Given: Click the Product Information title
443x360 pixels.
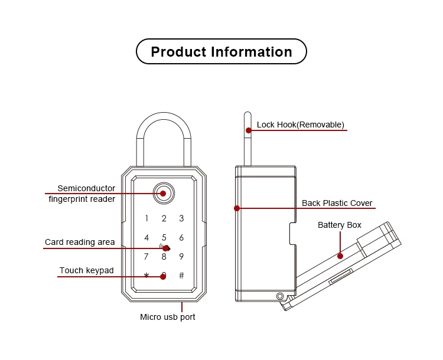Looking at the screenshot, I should tap(221, 52).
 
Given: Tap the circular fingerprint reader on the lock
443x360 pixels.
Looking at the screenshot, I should tap(164, 193).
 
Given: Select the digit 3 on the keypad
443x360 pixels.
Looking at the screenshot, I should tap(181, 218).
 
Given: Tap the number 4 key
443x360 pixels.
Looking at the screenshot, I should tap(146, 238).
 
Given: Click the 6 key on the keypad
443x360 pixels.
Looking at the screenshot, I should tap(181, 238).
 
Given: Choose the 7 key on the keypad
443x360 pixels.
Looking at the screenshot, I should tap(146, 257).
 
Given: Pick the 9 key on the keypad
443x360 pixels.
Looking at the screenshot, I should tap(181, 257).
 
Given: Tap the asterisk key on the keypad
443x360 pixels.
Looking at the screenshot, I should tap(146, 276).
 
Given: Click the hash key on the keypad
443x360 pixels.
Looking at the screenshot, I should tap(181, 276).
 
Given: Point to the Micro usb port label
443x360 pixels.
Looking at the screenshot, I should tap(167, 317).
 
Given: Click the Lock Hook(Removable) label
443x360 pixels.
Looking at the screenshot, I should tap(300, 125).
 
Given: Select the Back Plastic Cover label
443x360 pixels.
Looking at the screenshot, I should tap(337, 203).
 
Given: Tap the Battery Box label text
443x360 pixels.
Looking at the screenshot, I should tap(339, 225).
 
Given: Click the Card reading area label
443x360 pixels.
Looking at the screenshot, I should tap(80, 242).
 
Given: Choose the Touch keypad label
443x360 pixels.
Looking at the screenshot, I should tap(86, 271).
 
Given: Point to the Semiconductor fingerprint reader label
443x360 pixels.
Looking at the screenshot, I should tap(86, 194).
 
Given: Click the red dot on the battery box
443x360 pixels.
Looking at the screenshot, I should tap(340, 256).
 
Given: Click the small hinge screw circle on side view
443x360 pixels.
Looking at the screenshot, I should tap(279, 296).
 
